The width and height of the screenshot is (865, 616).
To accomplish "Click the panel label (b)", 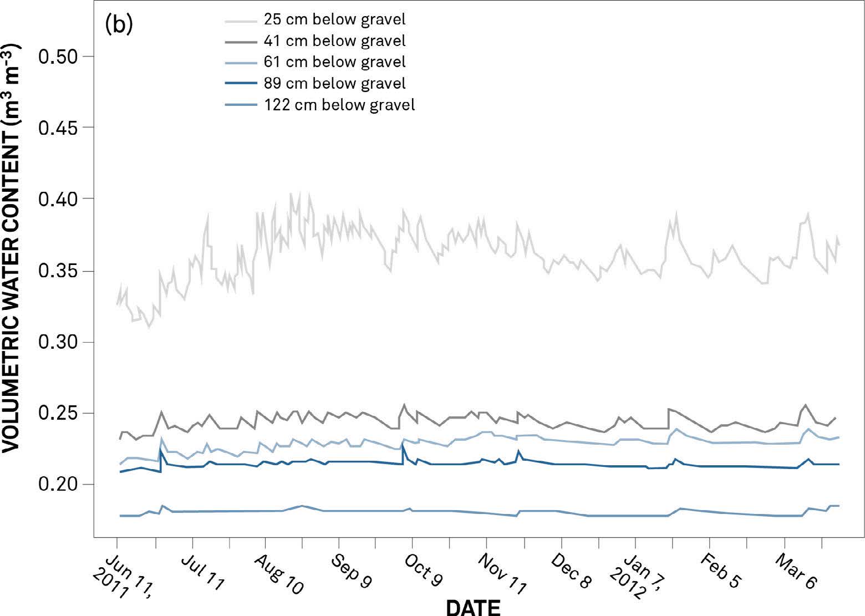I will pyautogui.click(x=119, y=25).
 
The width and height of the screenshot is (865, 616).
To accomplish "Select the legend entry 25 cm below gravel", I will pyautogui.click(x=334, y=19).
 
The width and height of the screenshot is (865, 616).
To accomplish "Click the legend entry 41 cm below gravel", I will pyautogui.click(x=334, y=40).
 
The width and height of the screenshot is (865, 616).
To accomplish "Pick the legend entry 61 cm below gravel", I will pyautogui.click(x=334, y=62).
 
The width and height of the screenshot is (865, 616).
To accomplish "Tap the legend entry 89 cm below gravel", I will pyautogui.click(x=334, y=83).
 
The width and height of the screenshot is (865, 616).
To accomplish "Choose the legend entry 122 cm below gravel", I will pyautogui.click(x=339, y=104).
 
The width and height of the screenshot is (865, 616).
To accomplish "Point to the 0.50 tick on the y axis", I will pyautogui.click(x=59, y=57).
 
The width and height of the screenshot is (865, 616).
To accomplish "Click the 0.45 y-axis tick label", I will pyautogui.click(x=59, y=128).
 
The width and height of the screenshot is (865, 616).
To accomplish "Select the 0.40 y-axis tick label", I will pyautogui.click(x=59, y=198).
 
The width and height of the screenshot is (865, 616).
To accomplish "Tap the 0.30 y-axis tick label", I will pyautogui.click(x=59, y=342).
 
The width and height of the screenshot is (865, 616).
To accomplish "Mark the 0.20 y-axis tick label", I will pyautogui.click(x=59, y=485).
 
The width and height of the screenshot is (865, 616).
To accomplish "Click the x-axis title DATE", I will pyautogui.click(x=473, y=607).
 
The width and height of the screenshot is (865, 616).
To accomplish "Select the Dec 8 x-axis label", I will pyautogui.click(x=571, y=571).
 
